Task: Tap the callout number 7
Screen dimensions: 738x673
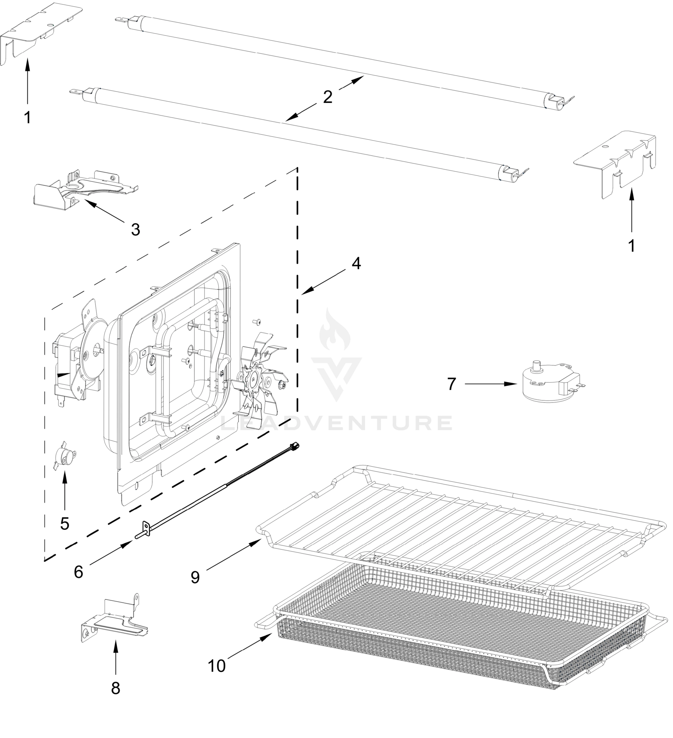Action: [x=452, y=384]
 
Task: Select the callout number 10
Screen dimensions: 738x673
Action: [x=217, y=666]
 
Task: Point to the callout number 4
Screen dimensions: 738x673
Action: [x=356, y=264]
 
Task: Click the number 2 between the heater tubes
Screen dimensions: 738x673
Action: [x=327, y=97]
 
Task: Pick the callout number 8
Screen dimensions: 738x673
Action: [x=115, y=688]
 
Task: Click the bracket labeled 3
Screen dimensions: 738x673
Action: [x=84, y=188]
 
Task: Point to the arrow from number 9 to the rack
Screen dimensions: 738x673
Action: [x=234, y=555]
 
